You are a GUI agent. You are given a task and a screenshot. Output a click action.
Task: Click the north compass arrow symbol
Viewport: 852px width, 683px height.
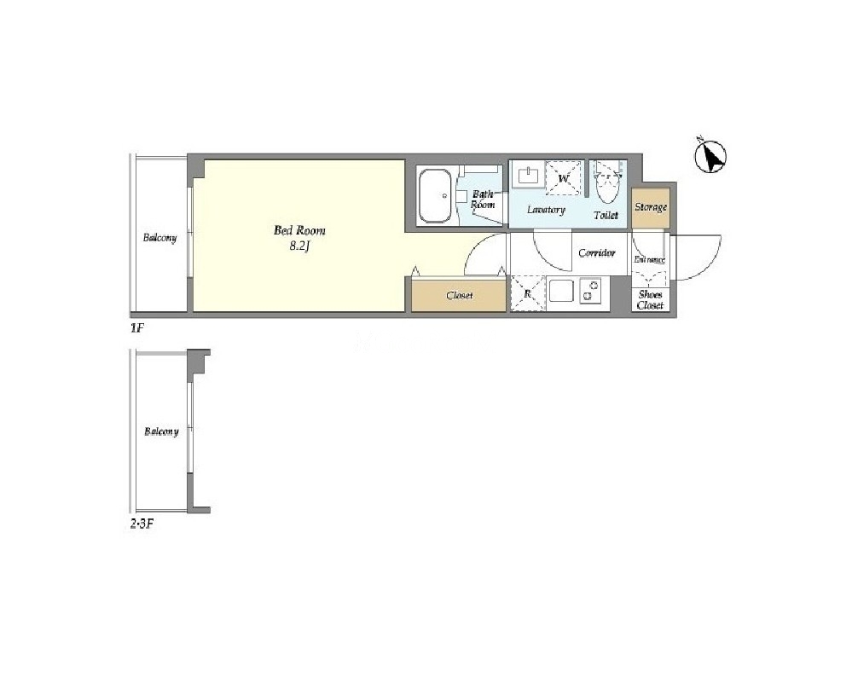[x=710, y=156]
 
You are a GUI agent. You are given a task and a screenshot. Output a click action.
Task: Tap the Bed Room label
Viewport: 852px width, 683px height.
[x=299, y=230]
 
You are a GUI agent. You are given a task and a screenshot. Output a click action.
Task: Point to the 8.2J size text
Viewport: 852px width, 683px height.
[x=299, y=246]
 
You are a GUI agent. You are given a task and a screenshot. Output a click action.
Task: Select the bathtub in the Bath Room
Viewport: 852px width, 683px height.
[x=435, y=195]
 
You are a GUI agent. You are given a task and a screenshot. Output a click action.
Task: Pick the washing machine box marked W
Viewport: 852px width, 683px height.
[x=563, y=177]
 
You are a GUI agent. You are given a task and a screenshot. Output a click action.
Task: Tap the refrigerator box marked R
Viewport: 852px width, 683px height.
[x=527, y=294]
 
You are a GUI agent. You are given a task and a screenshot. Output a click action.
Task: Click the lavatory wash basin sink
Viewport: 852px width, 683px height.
[x=528, y=175]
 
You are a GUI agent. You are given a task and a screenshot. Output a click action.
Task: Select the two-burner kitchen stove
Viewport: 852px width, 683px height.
[x=590, y=290]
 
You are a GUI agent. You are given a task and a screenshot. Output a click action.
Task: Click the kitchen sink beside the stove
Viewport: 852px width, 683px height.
[x=561, y=291]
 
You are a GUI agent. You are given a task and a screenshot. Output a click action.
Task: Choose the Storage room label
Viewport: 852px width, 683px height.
[x=651, y=207]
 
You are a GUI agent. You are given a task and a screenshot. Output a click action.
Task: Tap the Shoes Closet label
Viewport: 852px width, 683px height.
[x=651, y=300]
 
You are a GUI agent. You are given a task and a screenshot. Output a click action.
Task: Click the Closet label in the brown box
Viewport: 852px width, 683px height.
[x=459, y=296]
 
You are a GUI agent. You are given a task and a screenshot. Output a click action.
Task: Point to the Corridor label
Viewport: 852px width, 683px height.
[x=597, y=252]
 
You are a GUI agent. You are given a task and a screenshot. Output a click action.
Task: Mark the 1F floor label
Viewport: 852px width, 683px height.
[x=136, y=328]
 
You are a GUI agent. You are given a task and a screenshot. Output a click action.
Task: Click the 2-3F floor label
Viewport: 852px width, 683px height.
[x=142, y=524]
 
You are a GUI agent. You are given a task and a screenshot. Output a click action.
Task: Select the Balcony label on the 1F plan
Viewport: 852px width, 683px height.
[x=159, y=238]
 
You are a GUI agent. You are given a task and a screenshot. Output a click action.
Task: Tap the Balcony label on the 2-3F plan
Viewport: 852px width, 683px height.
[x=161, y=432]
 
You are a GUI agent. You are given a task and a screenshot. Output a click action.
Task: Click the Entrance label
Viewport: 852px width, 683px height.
[x=649, y=260]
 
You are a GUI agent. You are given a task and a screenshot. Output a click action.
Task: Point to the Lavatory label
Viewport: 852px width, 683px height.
[x=546, y=210]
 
